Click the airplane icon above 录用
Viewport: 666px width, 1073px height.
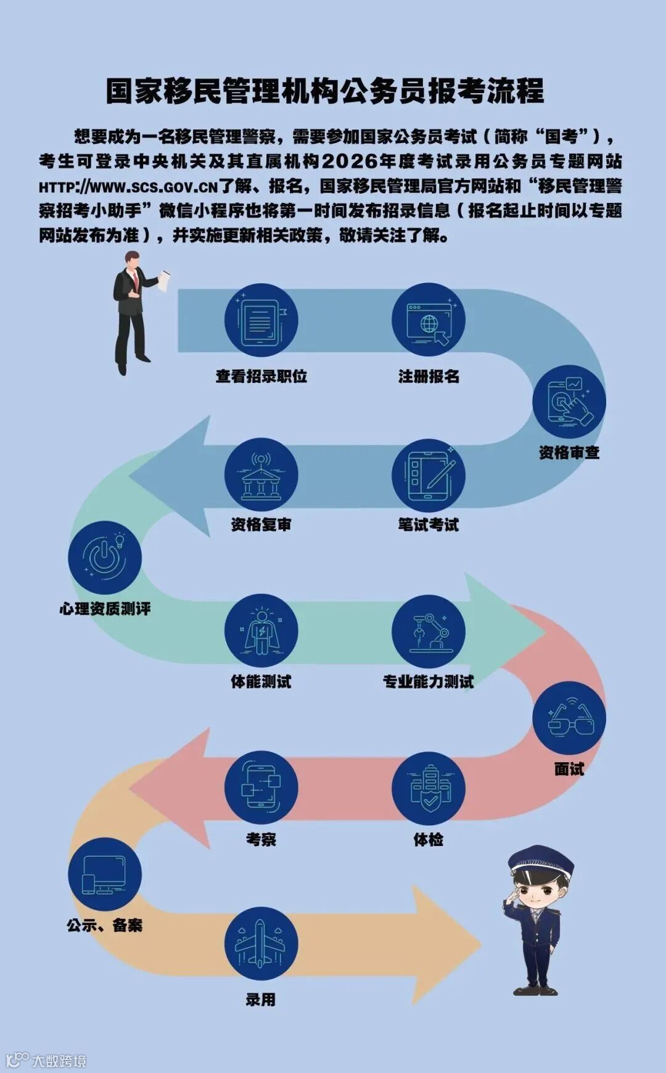261,943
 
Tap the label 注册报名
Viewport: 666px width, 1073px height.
429,376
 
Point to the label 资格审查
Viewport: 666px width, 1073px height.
569,453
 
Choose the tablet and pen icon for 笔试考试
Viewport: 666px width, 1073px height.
428,475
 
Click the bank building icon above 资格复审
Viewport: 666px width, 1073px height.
261,475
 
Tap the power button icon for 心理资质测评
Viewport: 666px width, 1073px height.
105,557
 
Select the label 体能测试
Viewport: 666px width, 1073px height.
261,681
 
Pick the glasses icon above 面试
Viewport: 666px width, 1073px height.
569,718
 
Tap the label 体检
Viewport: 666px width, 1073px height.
428,839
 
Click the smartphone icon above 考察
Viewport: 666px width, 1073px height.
261,787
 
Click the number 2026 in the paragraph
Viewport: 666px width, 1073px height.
349,162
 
